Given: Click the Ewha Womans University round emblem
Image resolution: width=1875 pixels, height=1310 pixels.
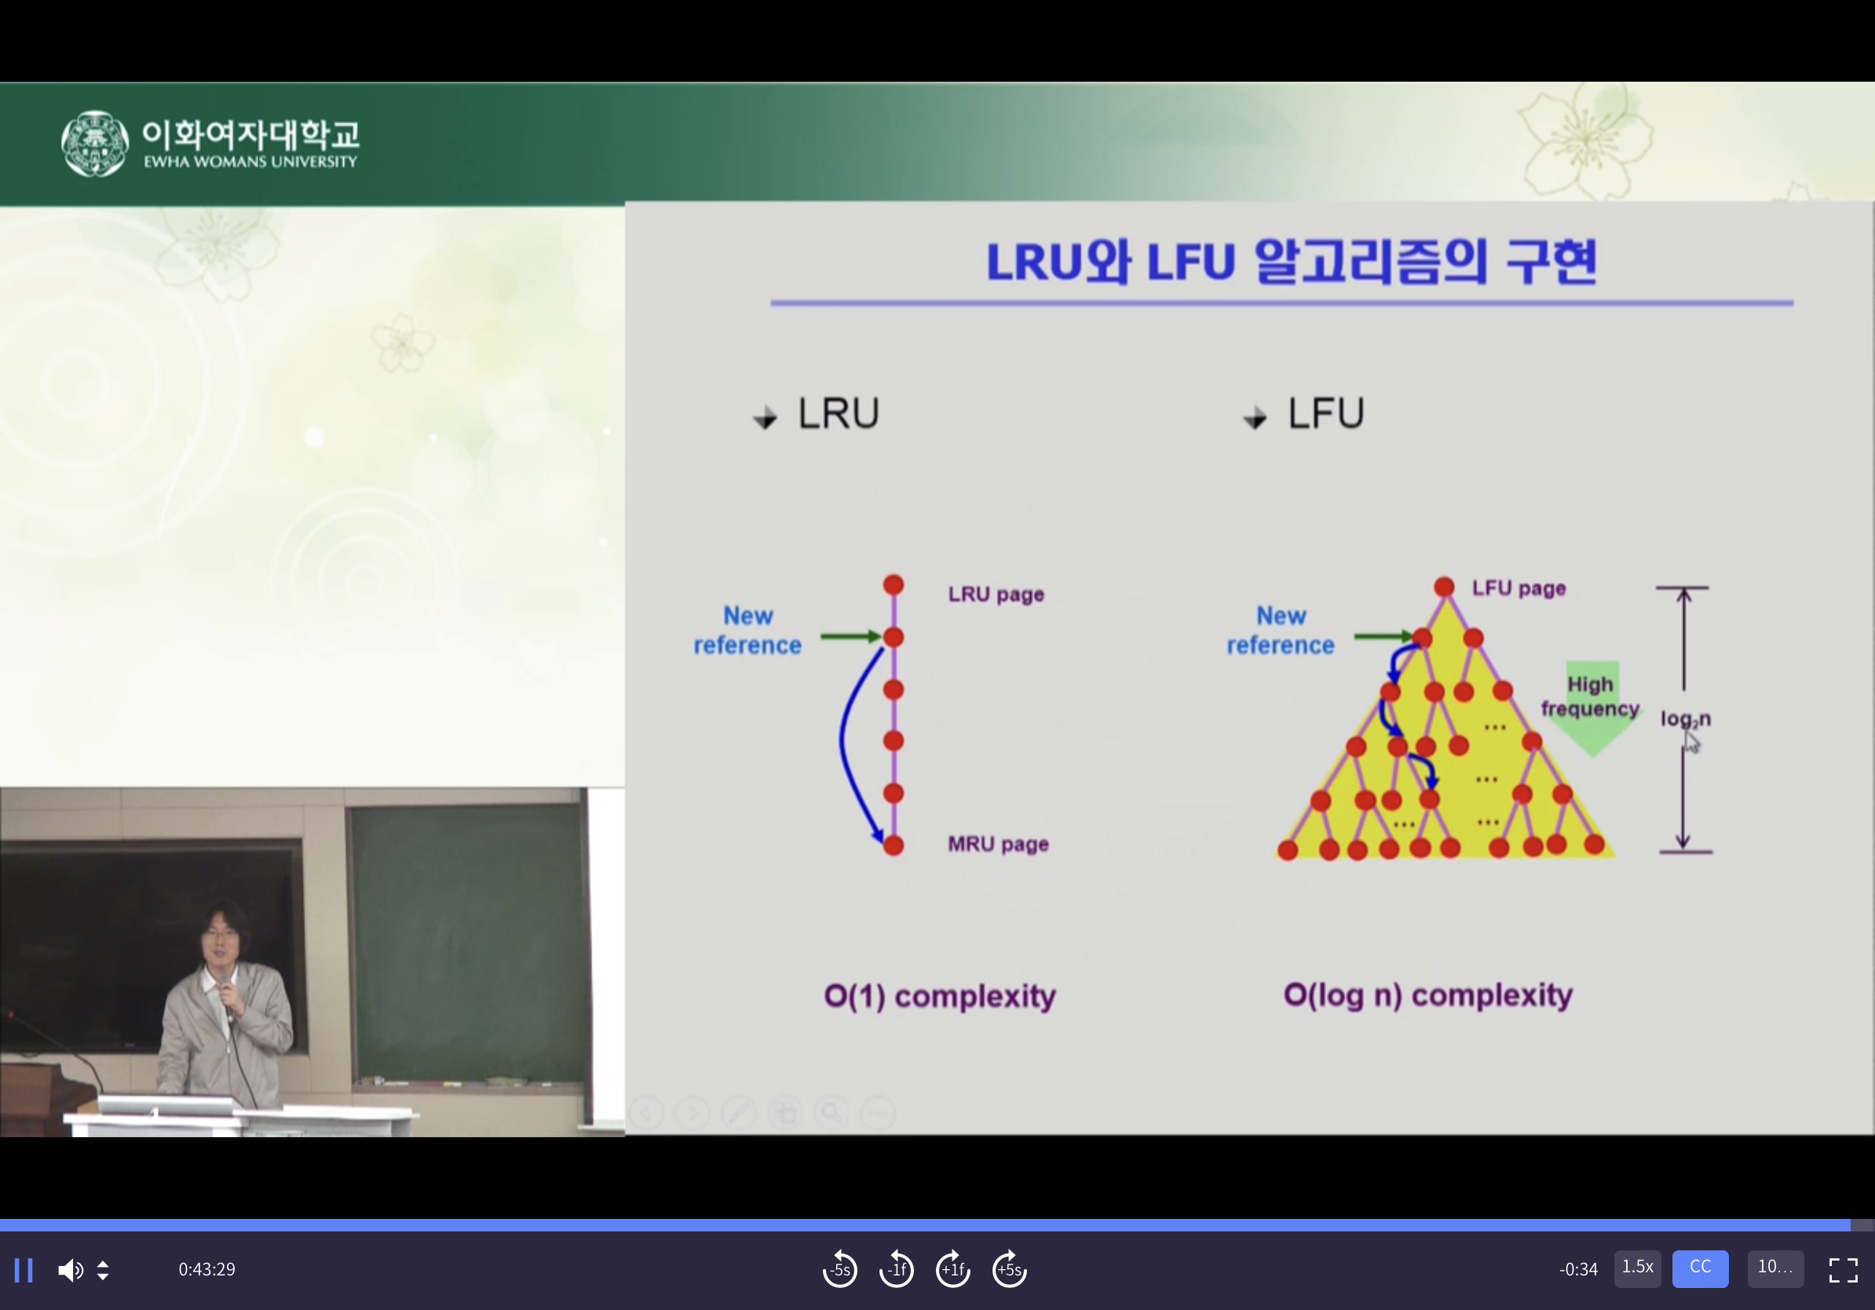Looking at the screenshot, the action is click(95, 144).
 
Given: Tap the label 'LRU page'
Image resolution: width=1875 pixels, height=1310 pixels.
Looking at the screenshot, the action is click(996, 594).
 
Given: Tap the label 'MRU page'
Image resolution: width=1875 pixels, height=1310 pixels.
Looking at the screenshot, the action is click(998, 843).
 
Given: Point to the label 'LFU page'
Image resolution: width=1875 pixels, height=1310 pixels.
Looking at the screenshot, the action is click(1519, 588).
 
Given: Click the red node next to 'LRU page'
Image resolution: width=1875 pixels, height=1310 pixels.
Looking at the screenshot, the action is click(894, 585).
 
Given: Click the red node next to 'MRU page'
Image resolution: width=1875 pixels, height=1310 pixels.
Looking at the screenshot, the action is click(894, 845).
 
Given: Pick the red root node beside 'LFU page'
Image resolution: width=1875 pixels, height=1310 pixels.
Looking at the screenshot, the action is click(1444, 587).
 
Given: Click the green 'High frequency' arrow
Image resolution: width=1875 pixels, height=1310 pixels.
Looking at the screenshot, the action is click(1592, 708).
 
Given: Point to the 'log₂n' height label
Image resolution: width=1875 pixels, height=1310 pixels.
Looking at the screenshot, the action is click(1685, 719).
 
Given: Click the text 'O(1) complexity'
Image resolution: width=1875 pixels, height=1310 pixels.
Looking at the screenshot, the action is click(939, 997).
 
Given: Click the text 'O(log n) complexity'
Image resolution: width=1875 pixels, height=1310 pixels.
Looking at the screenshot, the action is click(1427, 996).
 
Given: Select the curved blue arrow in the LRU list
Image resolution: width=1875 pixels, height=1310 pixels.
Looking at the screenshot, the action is click(842, 739).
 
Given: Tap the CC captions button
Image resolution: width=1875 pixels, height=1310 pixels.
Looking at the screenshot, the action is click(1699, 1268).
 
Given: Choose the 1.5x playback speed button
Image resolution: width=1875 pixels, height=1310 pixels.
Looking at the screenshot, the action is click(1636, 1268).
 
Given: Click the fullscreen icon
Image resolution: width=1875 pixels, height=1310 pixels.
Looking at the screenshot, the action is click(1843, 1270).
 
